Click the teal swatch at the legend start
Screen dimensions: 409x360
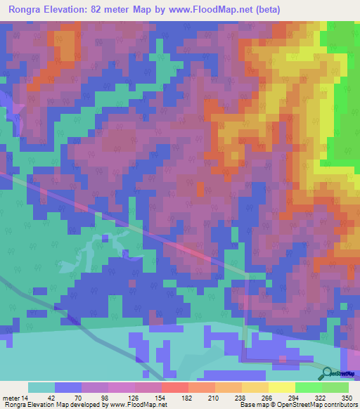coord(41,387)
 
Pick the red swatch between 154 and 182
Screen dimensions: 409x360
coord(174,387)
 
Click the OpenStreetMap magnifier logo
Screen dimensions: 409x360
coord(326,375)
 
